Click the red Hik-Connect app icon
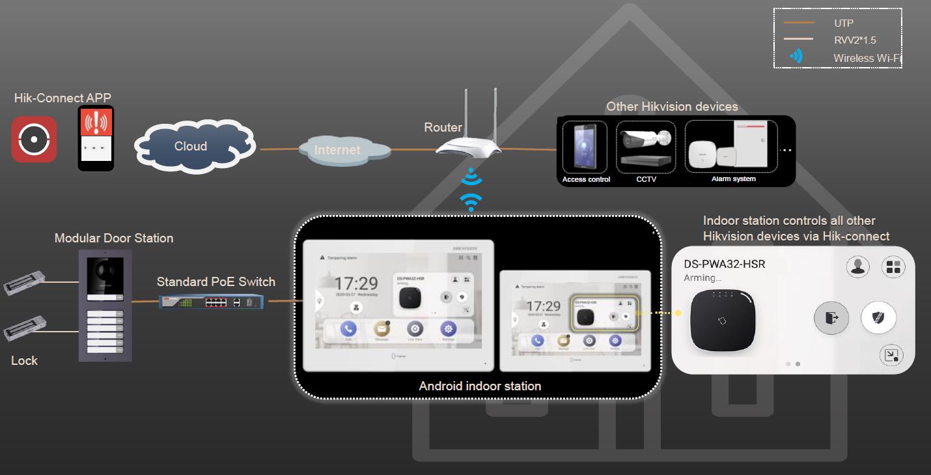tap(34, 139)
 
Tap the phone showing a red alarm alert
tap(96, 138)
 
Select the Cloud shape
tap(191, 147)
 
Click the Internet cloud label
tap(338, 150)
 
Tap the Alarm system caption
tap(733, 179)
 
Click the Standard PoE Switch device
tap(213, 302)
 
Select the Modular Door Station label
tap(114, 238)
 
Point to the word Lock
tap(25, 360)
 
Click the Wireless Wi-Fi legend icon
tap(796, 57)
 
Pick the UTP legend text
tap(844, 23)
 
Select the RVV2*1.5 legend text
tap(855, 40)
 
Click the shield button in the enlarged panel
tap(878, 318)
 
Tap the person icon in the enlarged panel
tap(859, 266)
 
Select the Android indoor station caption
tap(480, 386)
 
